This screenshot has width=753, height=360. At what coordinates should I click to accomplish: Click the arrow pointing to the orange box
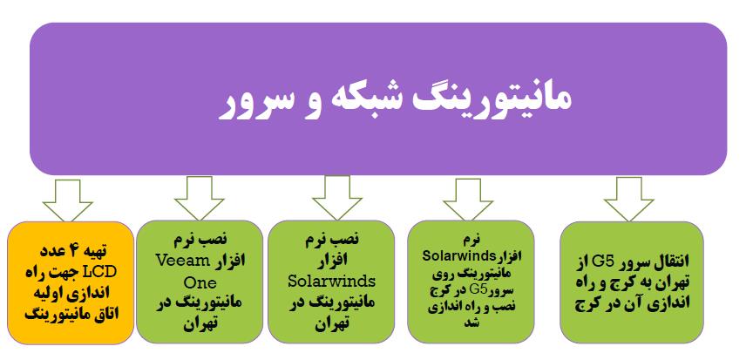(x=68, y=200)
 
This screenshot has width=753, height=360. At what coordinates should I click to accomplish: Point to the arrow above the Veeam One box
(x=200, y=199)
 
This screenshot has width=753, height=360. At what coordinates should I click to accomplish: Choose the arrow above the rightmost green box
(x=628, y=200)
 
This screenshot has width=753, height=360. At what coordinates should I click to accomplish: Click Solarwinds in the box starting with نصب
(x=331, y=281)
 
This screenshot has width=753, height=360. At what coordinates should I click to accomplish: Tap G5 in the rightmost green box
(x=600, y=262)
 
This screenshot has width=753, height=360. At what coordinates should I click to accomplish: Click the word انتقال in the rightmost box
(x=666, y=262)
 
